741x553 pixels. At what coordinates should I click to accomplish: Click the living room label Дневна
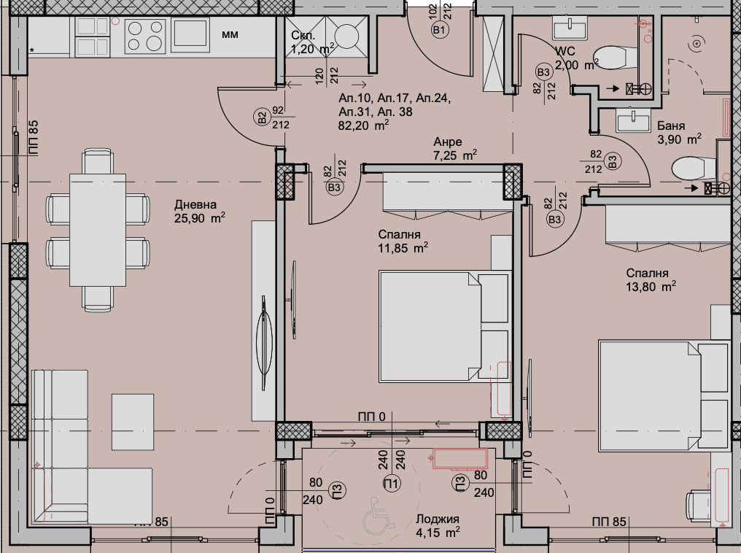pyautogui.click(x=195, y=205)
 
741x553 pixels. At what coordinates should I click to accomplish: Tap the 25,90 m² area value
pyautogui.click(x=199, y=218)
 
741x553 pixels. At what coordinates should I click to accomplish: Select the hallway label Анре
pyautogui.click(x=448, y=142)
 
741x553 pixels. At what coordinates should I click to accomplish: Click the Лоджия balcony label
pyautogui.click(x=438, y=519)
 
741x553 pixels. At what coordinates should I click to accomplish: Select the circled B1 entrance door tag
pyautogui.click(x=439, y=30)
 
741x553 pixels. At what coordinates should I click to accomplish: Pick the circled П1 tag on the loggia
pyautogui.click(x=392, y=482)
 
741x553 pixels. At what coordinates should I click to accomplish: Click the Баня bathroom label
pyautogui.click(x=670, y=125)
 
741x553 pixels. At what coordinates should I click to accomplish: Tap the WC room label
pyautogui.click(x=565, y=52)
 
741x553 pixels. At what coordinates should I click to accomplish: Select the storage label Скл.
pyautogui.click(x=303, y=36)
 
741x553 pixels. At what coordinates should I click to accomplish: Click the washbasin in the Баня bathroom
pyautogui.click(x=632, y=119)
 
